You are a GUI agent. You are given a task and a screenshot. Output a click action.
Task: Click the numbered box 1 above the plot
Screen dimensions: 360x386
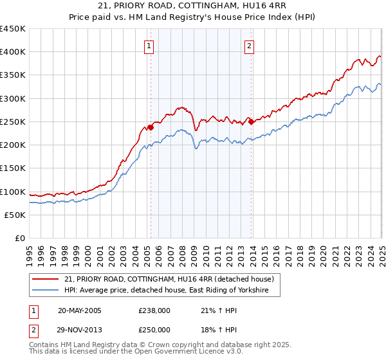coord(149,46)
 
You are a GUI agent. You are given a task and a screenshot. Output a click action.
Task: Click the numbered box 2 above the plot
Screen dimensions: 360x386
coord(249,46)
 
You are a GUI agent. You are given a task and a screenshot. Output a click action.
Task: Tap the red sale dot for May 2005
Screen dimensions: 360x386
coord(151,127)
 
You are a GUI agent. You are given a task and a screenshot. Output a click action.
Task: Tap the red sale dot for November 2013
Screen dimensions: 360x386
coord(251,122)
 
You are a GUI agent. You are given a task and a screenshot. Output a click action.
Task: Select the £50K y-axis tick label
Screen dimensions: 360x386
coord(16,215)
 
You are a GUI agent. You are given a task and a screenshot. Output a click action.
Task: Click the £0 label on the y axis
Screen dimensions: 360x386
coord(21,238)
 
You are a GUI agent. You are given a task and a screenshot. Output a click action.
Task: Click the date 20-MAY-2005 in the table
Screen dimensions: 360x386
coord(79,310)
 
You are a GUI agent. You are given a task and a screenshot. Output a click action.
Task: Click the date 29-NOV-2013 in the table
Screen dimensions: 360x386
coord(79,329)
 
